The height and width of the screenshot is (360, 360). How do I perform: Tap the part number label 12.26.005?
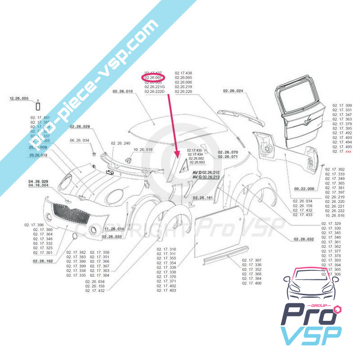19,98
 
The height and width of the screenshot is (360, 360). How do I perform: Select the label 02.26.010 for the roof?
123,92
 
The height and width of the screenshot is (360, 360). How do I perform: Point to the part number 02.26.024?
233,91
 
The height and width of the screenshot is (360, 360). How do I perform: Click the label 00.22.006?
304,189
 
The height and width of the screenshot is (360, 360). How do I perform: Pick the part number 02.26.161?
203,197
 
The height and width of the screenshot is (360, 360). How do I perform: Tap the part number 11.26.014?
114,229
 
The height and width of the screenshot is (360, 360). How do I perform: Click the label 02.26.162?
43,261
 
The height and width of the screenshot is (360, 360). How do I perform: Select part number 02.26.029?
80,126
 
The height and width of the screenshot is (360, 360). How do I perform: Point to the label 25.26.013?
38,155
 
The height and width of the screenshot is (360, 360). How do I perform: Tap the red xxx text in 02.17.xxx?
348,152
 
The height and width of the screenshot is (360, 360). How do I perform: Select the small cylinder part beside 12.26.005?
38,106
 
